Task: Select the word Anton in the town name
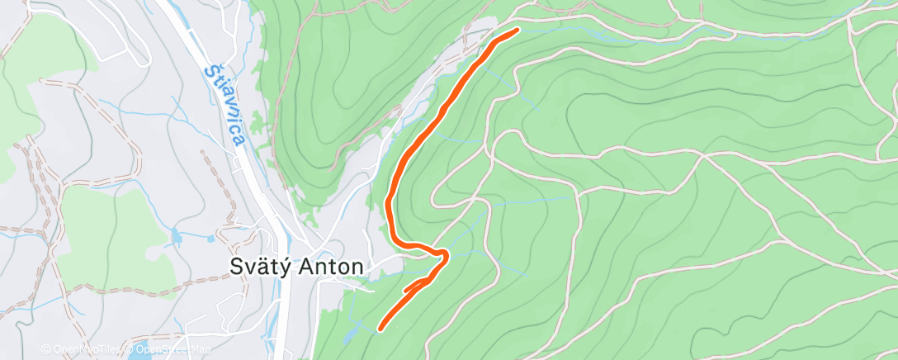pyautogui.click(x=333, y=267)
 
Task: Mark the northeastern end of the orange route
pyautogui.click(x=517, y=31)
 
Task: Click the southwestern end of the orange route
pyautogui.click(x=380, y=329)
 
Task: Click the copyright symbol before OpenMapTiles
pyautogui.click(x=46, y=349)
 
